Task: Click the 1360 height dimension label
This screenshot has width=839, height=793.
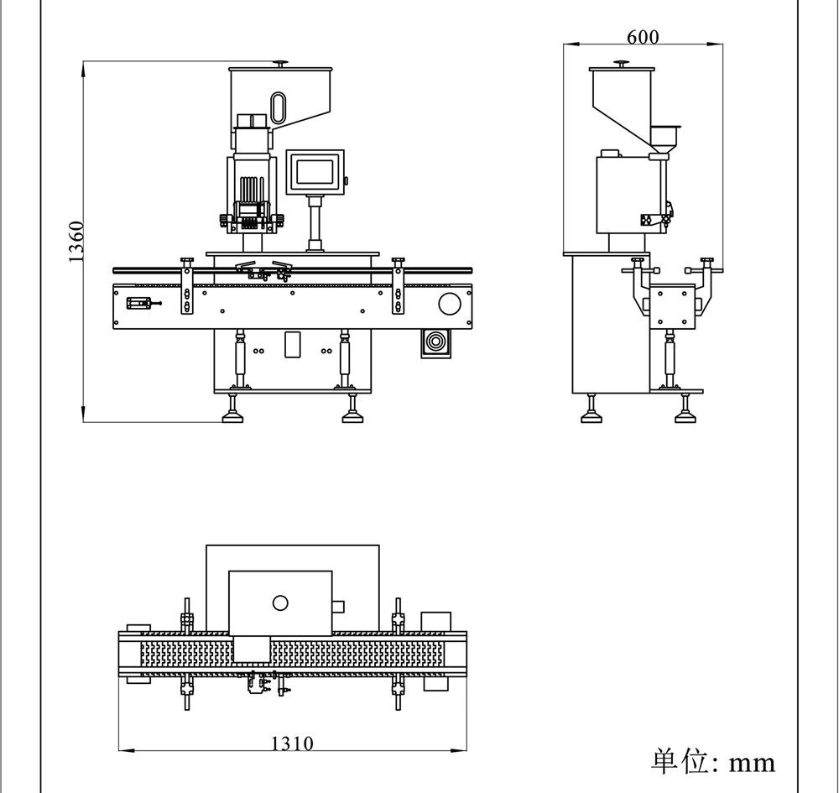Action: point(76,242)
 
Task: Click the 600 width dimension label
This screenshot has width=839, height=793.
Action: point(643,37)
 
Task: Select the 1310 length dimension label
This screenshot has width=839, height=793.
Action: point(292,743)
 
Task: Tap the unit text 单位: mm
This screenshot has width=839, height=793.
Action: point(713,761)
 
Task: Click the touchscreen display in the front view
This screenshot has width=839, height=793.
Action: point(315,171)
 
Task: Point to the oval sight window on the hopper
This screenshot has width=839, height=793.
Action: point(279,107)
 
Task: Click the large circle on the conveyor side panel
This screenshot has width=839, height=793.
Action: point(450,304)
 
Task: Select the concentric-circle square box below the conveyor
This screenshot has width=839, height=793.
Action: point(435,343)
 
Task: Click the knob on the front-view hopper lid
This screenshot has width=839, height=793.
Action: point(280,65)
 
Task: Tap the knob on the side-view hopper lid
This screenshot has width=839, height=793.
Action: point(621,65)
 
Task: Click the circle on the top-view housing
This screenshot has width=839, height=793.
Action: point(280,603)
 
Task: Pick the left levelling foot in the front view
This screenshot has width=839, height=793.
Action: point(232,410)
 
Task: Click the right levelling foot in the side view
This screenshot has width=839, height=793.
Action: point(685,410)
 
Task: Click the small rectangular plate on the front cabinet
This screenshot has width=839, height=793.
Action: point(292,345)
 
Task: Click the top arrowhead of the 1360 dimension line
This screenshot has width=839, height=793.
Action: point(83,70)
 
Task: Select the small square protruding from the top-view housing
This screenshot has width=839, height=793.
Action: point(338,606)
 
